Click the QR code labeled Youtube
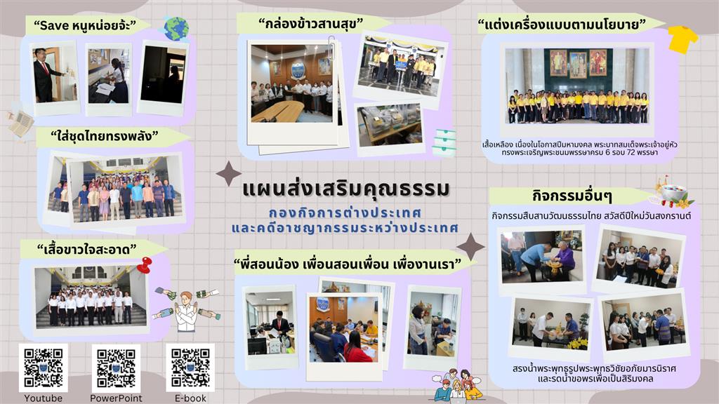point(43,368)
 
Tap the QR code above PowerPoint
point(116,368)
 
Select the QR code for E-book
point(190,368)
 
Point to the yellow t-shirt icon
point(682,39)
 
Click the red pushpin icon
point(145,264)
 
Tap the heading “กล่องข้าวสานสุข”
point(310,23)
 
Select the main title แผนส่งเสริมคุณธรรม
point(346,189)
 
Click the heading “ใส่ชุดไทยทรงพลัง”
point(104,136)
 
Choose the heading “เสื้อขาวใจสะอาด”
point(86,249)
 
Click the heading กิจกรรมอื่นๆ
point(572,196)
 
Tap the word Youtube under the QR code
point(43,398)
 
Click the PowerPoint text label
point(116,398)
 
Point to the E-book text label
point(190,398)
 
